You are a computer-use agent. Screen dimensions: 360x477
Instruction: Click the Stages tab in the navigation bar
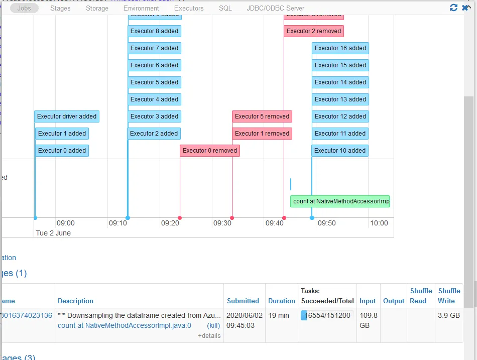(x=60, y=8)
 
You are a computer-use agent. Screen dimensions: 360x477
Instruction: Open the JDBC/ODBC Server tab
(x=275, y=8)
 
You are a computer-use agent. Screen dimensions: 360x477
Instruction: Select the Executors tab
(x=189, y=8)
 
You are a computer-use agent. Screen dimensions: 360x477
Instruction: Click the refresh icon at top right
(x=454, y=8)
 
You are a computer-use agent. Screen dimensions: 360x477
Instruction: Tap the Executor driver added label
(x=67, y=116)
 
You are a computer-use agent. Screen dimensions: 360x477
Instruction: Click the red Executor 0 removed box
(x=210, y=151)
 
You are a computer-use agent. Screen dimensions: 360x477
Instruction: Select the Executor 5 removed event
(x=262, y=116)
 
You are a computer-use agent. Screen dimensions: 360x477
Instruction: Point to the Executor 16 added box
(x=340, y=48)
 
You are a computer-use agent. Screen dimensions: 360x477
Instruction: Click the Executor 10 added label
(x=340, y=151)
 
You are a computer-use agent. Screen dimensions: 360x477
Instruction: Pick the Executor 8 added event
(x=154, y=31)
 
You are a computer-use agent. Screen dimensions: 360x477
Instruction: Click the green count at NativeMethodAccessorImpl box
(x=341, y=201)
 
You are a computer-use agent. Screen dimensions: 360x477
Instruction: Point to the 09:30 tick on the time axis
(x=222, y=223)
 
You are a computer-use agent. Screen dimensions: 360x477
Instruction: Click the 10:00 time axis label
(x=379, y=223)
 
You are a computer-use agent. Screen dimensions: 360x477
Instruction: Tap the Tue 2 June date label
(x=53, y=233)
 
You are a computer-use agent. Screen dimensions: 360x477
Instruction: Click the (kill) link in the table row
(x=213, y=325)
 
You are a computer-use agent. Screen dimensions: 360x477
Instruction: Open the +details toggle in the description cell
(x=209, y=335)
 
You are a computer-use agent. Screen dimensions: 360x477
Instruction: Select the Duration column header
(x=281, y=301)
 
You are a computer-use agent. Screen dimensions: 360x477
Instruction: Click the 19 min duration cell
(x=279, y=315)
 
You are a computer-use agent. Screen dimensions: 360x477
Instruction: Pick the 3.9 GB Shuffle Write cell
(x=448, y=315)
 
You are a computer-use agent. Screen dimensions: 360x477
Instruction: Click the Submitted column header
(x=243, y=301)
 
